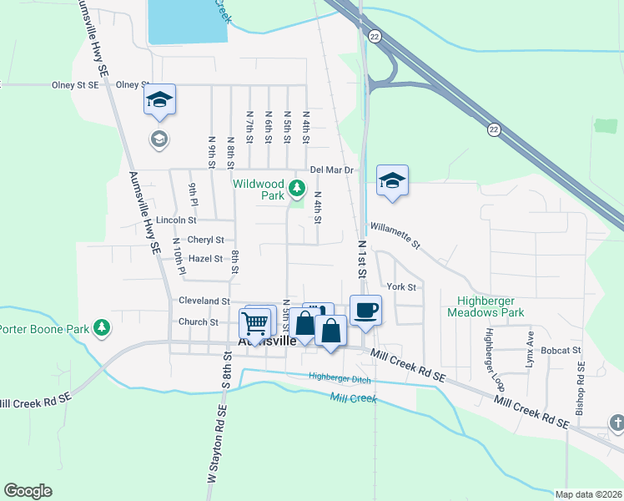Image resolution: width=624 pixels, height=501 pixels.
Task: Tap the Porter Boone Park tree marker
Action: [x=102, y=327]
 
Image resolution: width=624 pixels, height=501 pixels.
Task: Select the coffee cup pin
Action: [x=365, y=311]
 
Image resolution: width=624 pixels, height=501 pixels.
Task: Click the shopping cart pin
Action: [x=254, y=323]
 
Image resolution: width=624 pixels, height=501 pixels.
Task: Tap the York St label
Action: [x=401, y=286]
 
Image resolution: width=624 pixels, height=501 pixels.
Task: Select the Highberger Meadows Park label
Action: [x=491, y=306]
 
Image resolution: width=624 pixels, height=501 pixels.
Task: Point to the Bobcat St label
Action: [x=560, y=351]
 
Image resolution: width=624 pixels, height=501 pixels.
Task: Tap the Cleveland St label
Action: [x=204, y=301]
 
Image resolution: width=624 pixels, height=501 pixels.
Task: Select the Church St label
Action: [x=198, y=321]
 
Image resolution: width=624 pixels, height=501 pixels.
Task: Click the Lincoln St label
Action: [x=175, y=220]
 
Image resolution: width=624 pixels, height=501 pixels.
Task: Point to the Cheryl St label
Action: [x=205, y=240]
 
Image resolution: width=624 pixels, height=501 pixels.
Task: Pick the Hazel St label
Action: [x=205, y=259]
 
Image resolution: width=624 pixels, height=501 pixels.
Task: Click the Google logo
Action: [x=28, y=491]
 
